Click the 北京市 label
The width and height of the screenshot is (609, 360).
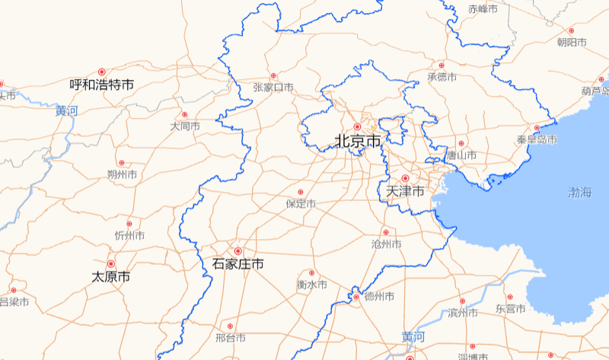(x=358, y=141)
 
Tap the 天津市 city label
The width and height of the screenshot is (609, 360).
(x=406, y=191)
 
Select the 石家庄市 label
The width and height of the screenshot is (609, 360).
(x=238, y=264)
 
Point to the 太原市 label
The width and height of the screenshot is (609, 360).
(x=110, y=276)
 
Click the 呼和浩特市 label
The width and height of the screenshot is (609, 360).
(x=101, y=84)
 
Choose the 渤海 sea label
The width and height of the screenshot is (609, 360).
(x=579, y=192)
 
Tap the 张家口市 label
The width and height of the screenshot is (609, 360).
(x=273, y=88)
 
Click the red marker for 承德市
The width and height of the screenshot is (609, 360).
(x=441, y=65)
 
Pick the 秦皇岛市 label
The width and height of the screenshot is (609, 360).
(x=537, y=140)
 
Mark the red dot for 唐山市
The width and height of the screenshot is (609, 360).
(x=461, y=143)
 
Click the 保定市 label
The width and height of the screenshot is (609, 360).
(x=301, y=204)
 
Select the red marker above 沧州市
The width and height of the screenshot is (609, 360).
(x=385, y=232)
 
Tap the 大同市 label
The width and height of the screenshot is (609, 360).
(x=185, y=126)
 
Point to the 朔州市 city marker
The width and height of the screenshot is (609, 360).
(x=121, y=163)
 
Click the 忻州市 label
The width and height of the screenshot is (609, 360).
(x=129, y=235)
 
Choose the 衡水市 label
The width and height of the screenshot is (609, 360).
(x=311, y=285)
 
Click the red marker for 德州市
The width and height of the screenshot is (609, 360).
(x=356, y=296)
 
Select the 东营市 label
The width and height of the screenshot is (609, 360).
(x=510, y=309)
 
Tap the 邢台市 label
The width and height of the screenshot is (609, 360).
(x=230, y=337)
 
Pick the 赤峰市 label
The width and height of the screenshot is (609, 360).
(x=483, y=9)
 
